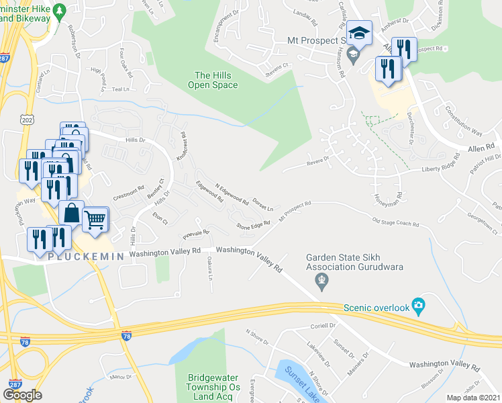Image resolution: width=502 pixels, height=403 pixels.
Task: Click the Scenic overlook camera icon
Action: point(419,307)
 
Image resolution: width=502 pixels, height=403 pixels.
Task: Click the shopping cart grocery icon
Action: point(95,219)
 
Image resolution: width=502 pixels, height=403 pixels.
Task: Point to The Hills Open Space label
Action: point(216,80)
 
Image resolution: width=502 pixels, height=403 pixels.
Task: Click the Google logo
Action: point(22,395)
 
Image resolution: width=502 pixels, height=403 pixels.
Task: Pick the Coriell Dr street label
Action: point(323,326)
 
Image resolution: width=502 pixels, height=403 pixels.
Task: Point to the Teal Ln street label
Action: point(121,89)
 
